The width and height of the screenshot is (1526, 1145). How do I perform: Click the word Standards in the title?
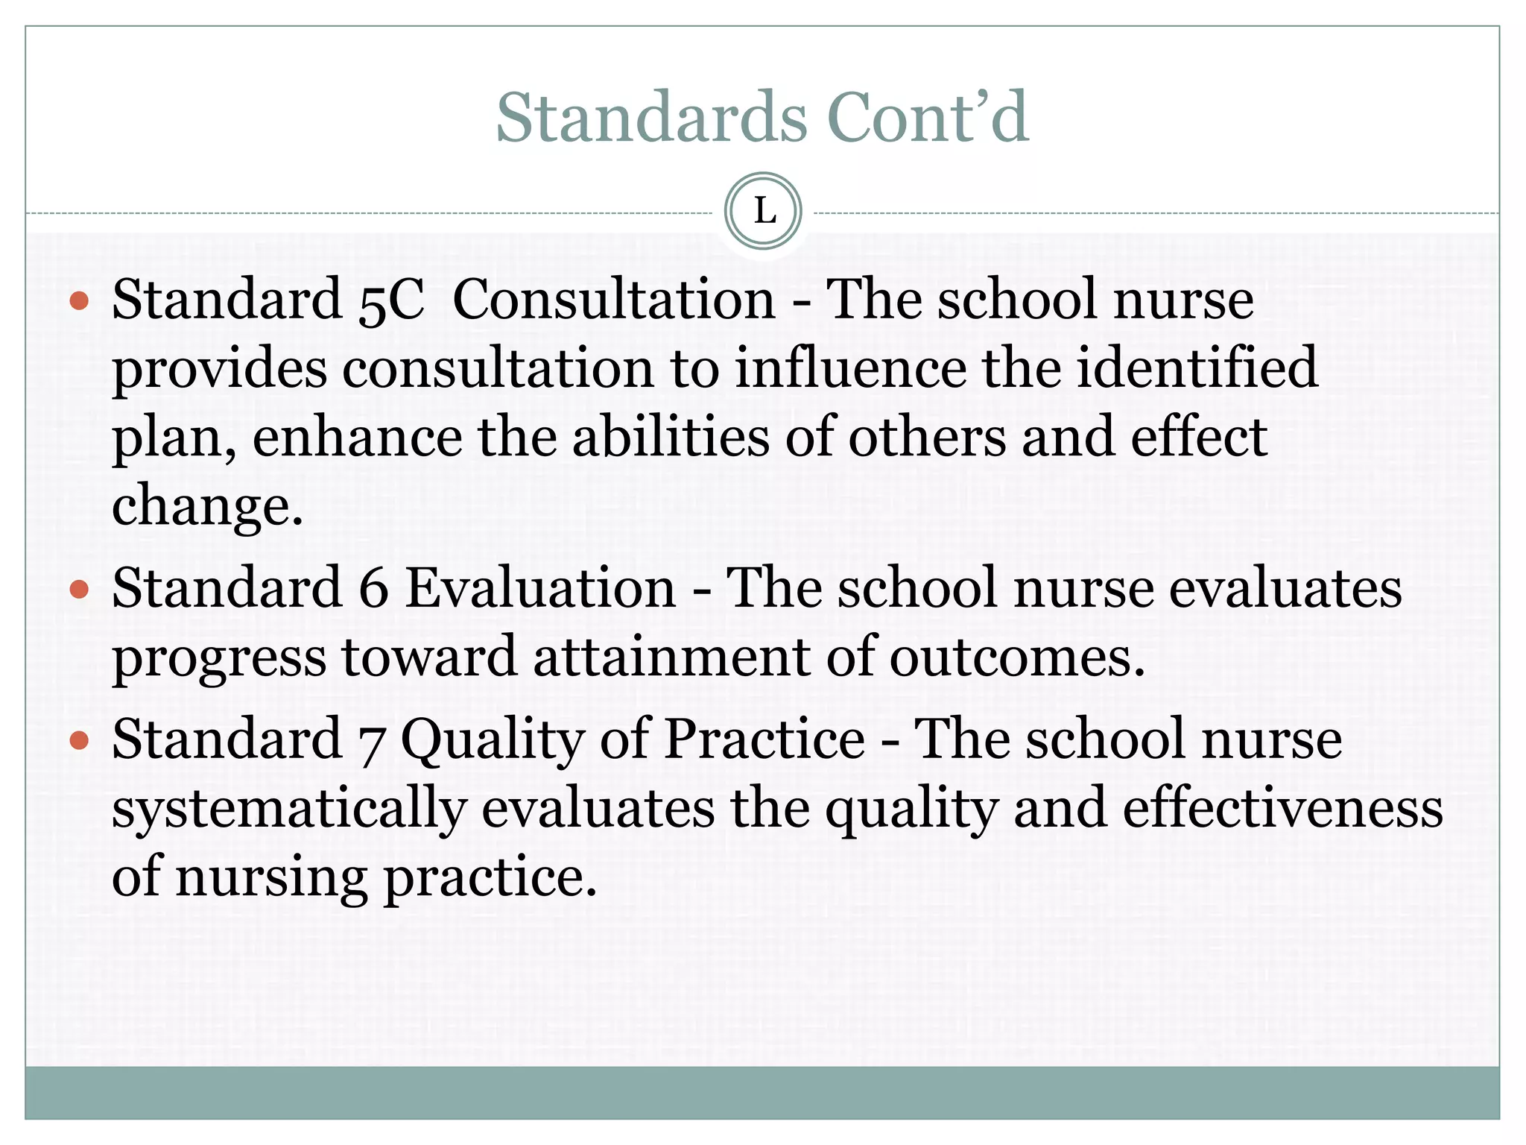point(651,118)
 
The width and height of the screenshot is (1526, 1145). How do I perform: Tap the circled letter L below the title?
point(763,212)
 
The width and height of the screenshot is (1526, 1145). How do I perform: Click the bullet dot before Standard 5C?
point(79,301)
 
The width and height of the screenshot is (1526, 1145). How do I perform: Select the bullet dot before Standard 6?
point(79,590)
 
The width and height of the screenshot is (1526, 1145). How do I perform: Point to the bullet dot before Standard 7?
point(79,741)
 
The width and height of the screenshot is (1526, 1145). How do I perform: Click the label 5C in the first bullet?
point(391,300)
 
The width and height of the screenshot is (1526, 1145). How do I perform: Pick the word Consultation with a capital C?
point(614,300)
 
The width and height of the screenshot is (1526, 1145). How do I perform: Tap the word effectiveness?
point(1282,809)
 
